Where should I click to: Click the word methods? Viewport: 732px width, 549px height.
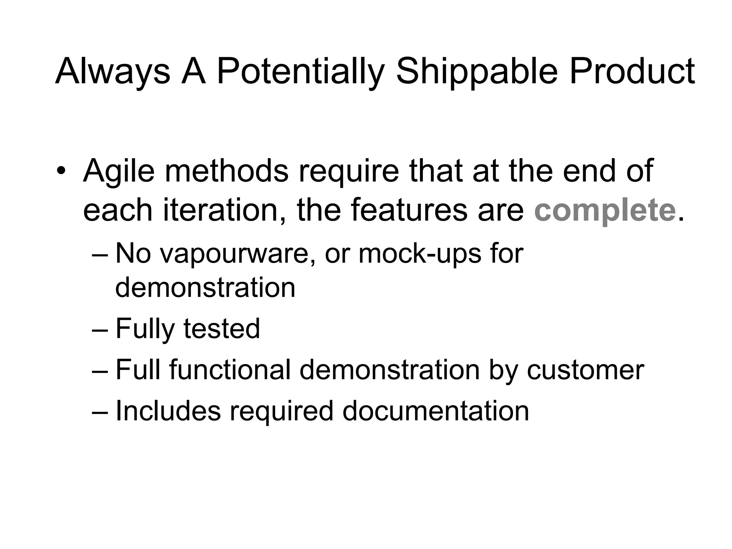(x=226, y=170)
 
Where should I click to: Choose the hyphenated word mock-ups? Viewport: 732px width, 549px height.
(x=420, y=254)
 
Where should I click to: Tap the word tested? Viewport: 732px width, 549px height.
(x=222, y=329)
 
